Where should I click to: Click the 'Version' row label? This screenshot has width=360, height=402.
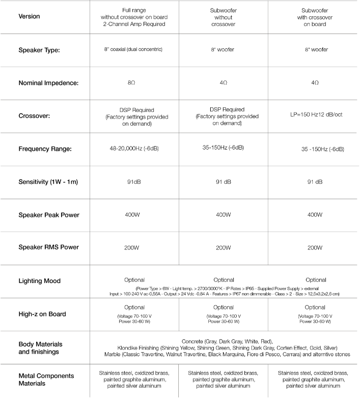tap(29, 16)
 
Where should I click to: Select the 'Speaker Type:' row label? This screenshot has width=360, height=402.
tap(40, 50)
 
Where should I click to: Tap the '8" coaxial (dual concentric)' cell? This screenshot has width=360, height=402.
tap(134, 50)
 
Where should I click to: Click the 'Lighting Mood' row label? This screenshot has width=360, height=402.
tap(39, 280)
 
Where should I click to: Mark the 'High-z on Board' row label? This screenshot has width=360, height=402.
tap(42, 314)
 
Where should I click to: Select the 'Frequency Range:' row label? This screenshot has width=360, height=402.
tap(45, 149)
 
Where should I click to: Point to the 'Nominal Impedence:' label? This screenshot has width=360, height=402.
tap(48, 82)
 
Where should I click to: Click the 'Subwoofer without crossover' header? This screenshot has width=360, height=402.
tap(224, 16)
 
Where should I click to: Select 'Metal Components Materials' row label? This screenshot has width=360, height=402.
tap(46, 379)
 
